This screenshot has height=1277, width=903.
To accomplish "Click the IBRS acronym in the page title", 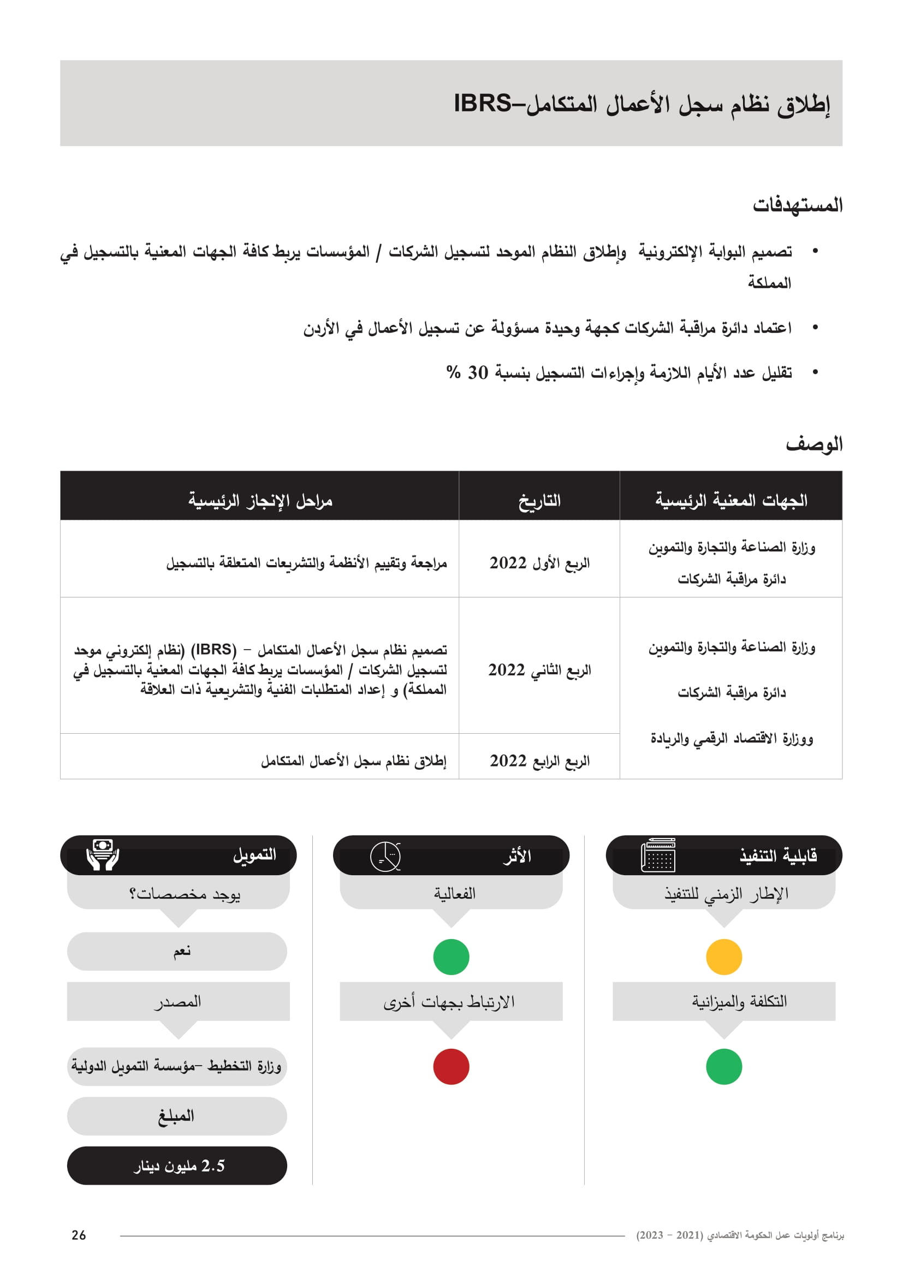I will pos(482,103).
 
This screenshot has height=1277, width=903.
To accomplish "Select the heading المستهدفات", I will pos(797,205).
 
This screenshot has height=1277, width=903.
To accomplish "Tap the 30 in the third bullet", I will pos(478,373).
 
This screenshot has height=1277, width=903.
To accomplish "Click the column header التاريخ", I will pos(539,501).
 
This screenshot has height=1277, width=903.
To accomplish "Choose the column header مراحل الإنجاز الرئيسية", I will pos(260,501).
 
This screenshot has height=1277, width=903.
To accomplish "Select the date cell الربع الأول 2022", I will pos(539,563).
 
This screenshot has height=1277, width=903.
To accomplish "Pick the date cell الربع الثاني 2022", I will pos(539,670).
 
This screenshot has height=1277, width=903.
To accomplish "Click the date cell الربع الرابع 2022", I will pos(539,761).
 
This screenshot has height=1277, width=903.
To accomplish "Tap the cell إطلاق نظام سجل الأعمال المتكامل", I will pos(354,761).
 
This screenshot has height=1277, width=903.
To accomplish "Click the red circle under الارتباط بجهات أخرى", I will pos(451,1067).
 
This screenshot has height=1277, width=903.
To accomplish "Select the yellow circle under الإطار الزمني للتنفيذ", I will pos(724,957).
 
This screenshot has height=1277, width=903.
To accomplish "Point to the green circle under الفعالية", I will pos(451,957).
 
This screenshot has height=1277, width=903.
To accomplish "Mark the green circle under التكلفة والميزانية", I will pos(724,1067).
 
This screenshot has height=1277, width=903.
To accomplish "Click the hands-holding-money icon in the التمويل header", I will pos(103,855).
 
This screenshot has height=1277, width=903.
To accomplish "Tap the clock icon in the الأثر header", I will pos(385,857).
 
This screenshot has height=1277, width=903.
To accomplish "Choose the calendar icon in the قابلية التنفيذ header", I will pos(658,856).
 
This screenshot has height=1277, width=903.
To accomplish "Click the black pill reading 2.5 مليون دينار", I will pos(177,1166).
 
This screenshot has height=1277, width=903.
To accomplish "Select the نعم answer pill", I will pos(177,952).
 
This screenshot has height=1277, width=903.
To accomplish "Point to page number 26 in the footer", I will pos(79,1235).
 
